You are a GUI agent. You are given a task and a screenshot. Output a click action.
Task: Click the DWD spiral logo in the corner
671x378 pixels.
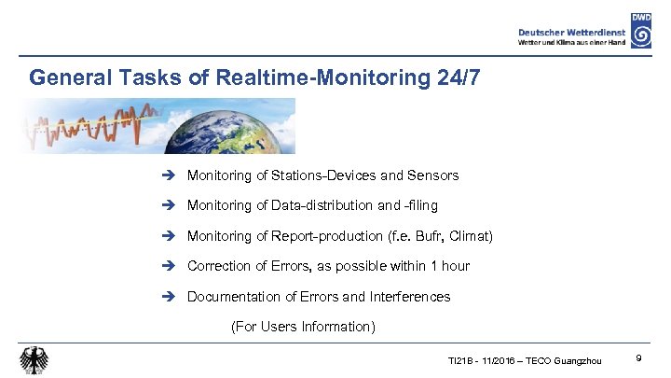click(640, 31)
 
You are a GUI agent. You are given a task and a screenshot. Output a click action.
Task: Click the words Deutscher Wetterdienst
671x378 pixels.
click(571, 31)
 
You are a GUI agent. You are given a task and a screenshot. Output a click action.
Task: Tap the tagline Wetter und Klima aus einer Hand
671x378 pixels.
click(572, 42)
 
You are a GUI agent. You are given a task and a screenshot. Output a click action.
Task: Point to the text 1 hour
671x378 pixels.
click(449, 266)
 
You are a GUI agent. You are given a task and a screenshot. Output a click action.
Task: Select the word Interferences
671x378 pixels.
click(410, 297)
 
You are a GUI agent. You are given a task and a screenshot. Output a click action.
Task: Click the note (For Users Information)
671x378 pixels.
click(303, 327)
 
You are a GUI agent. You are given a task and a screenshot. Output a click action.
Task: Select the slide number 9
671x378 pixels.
click(637, 358)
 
